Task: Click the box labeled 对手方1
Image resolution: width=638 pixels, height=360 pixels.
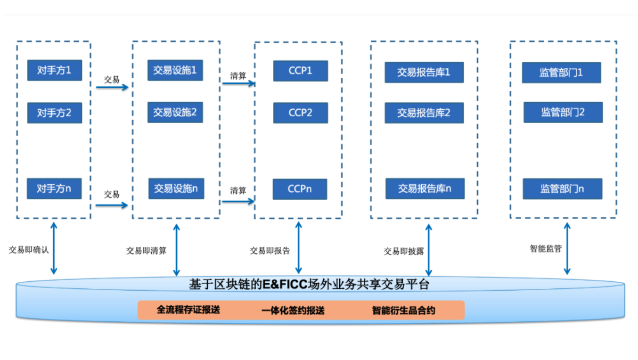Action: point(54,70)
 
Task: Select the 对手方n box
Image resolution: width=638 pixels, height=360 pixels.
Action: point(54,188)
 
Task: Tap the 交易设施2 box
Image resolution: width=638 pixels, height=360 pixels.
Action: point(175,113)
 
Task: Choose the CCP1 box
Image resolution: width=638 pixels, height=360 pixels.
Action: point(301,71)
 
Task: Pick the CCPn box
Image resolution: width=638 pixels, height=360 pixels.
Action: point(300,189)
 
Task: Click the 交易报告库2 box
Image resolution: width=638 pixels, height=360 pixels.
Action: point(424,113)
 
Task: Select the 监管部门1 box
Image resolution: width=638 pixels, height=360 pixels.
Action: point(561,73)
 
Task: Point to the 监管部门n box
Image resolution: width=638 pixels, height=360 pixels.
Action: point(563,189)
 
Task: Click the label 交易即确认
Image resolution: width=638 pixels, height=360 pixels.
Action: point(28,250)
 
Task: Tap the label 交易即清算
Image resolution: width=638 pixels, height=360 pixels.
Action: point(146,251)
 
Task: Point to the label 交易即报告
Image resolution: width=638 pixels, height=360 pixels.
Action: point(270,251)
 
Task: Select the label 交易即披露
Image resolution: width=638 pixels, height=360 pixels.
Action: point(404,251)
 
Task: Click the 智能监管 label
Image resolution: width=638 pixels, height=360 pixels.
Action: point(546,249)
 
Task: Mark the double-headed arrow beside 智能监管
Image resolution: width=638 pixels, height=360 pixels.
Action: point(567,249)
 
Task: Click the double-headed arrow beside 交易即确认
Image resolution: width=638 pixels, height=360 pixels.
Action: point(54,248)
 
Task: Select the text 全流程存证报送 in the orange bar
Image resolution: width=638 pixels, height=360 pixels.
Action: point(188,310)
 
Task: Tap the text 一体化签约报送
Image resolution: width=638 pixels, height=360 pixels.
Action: point(293,311)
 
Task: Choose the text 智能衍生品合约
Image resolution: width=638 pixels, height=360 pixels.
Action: point(404,311)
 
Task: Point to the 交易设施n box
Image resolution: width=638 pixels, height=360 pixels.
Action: point(176,188)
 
